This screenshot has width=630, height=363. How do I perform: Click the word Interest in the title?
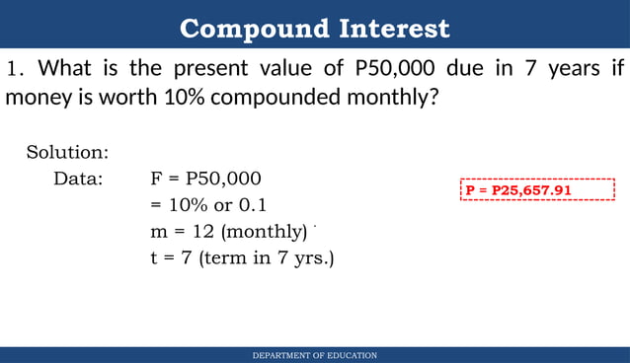pyautogui.click(x=394, y=29)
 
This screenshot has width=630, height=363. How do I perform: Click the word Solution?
pyautogui.click(x=67, y=153)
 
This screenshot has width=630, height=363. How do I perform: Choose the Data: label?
pyautogui.click(x=78, y=180)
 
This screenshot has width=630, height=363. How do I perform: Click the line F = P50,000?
pyautogui.click(x=205, y=180)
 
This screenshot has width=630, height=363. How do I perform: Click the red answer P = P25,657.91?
pyautogui.click(x=519, y=189)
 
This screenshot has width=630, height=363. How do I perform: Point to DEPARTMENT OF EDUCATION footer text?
pyautogui.click(x=314, y=355)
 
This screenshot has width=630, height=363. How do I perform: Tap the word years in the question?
pyautogui.click(x=556, y=70)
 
